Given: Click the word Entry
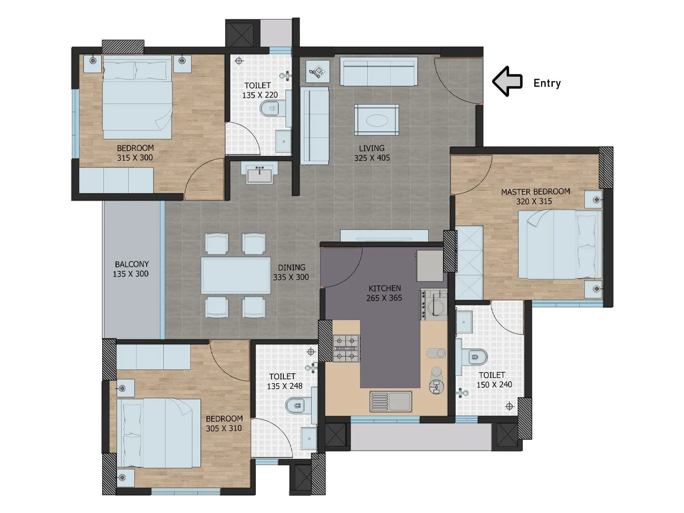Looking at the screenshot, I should (547, 83).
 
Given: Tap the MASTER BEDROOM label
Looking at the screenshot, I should (535, 192).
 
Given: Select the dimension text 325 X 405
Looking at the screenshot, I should (371, 158).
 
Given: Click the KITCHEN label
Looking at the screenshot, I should (384, 289).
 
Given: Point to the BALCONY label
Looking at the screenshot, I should (131, 264).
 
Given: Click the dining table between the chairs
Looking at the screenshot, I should (236, 275).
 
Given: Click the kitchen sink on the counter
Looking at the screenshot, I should (391, 401).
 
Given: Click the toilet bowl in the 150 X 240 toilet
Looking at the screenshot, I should (477, 357).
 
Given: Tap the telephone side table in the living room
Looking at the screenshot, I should (318, 71).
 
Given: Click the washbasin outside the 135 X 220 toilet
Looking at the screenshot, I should (259, 173).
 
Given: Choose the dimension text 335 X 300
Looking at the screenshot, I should (291, 277).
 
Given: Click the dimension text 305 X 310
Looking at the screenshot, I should (224, 428).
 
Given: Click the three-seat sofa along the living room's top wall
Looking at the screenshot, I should (378, 72).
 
